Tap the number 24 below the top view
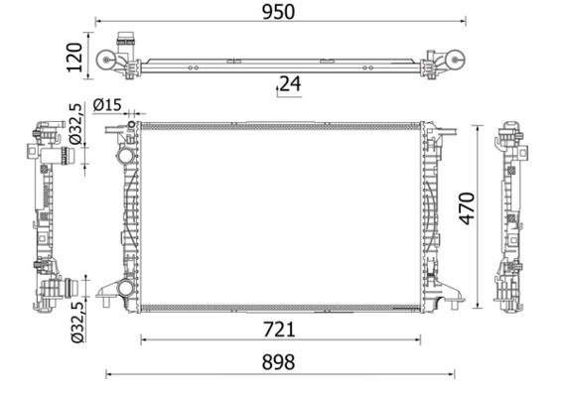click(289, 84)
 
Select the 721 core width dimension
click(279, 328)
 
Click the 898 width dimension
click(279, 362)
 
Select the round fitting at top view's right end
click(454, 63)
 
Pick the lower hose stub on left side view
click(67, 289)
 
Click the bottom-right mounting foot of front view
click(452, 292)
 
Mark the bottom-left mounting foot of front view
click(105, 292)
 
